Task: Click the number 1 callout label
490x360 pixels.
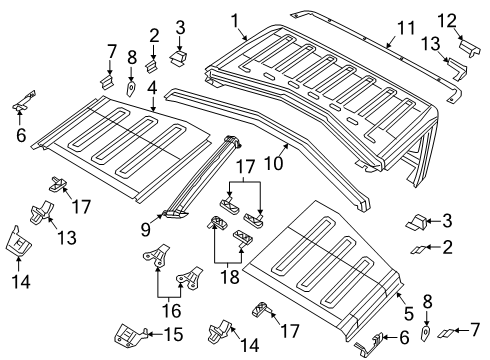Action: [x=236, y=20]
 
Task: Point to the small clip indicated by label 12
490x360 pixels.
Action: [x=468, y=48]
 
